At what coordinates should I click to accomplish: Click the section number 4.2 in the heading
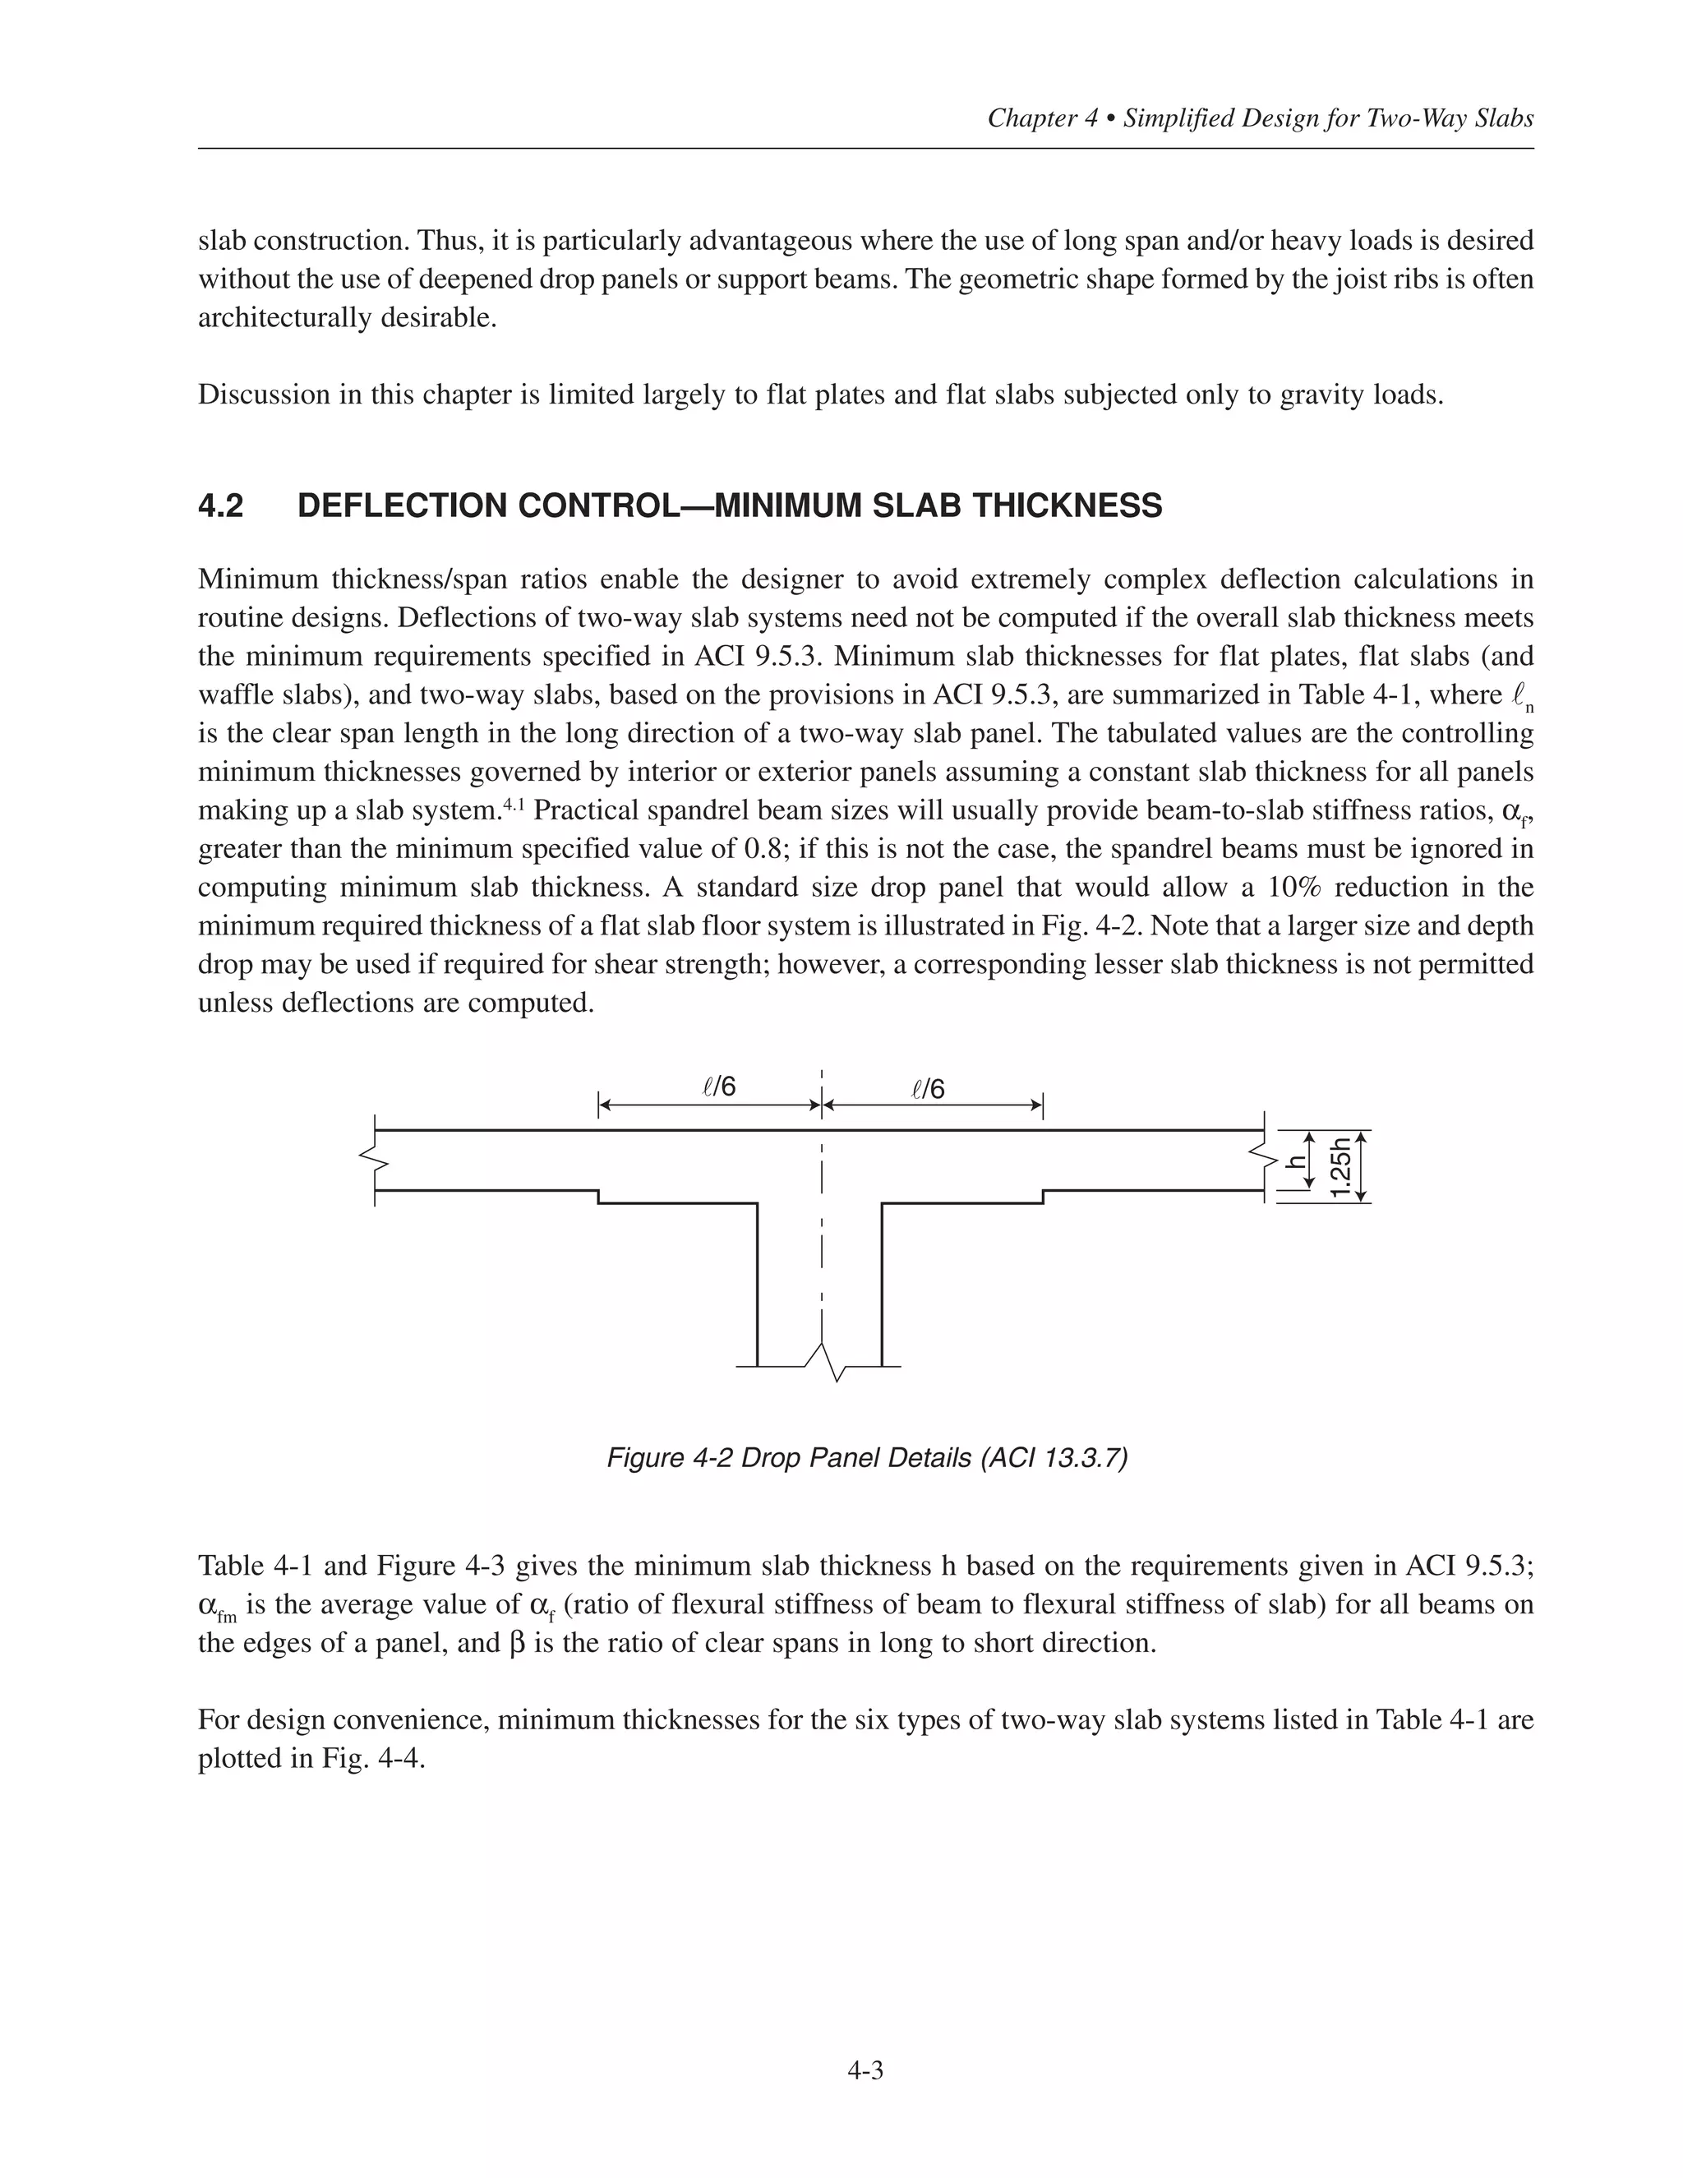220,505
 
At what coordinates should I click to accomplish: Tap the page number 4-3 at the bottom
865,2071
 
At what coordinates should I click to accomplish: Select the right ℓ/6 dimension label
929,1089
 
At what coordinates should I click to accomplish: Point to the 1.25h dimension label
1343,1167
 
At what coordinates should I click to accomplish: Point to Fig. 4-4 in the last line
374,1758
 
